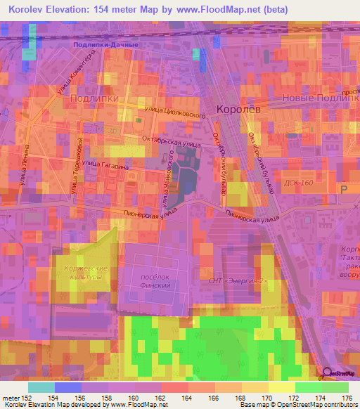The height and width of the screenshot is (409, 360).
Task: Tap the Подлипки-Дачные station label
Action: (x=105, y=44)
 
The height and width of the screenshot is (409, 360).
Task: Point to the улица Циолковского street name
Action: (x=174, y=111)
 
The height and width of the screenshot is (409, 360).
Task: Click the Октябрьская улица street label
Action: (x=171, y=142)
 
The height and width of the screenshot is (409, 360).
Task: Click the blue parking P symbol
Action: (x=344, y=190)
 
